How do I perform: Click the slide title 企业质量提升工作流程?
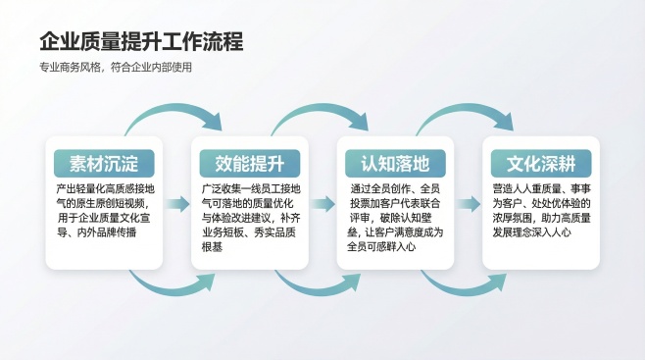[x=141, y=41]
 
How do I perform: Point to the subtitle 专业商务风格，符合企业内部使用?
[x=116, y=68]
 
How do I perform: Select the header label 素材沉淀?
[x=104, y=163]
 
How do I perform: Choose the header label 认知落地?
[x=395, y=163]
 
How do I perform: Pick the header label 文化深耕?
[x=540, y=163]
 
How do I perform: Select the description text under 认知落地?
[x=395, y=217]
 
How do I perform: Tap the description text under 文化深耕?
[x=540, y=210]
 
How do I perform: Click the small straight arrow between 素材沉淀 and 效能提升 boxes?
[x=176, y=204]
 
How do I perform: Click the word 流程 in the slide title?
[x=222, y=41]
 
